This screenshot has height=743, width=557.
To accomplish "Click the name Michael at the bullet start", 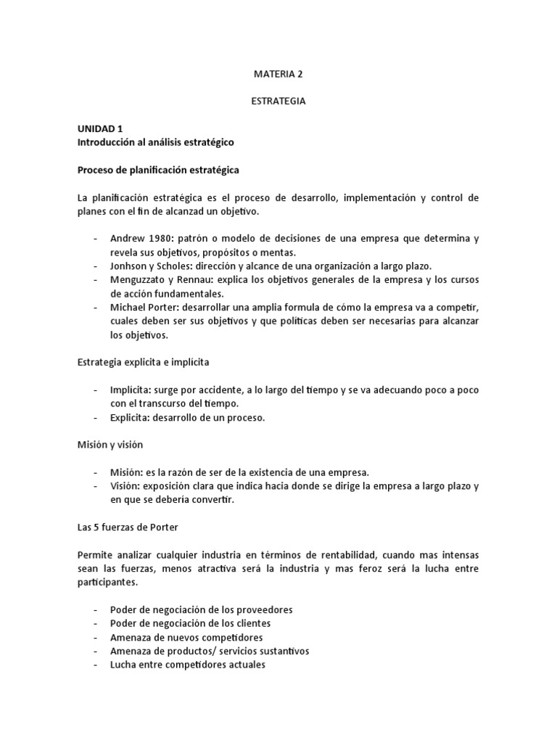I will click(x=128, y=308).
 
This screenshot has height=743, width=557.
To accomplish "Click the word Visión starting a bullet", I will click(x=125, y=486).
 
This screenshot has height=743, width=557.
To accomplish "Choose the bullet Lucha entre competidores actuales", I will click(x=188, y=665).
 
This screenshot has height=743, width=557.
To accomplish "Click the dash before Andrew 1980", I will click(x=96, y=238).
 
